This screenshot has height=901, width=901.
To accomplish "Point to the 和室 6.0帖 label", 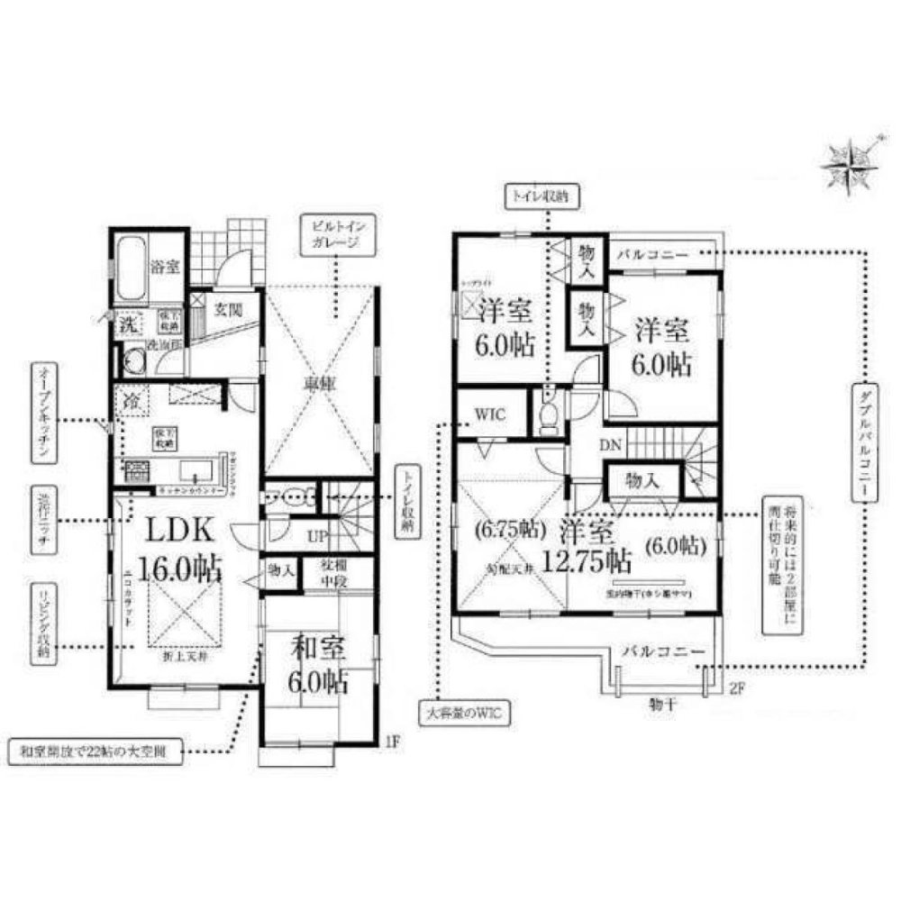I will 319,664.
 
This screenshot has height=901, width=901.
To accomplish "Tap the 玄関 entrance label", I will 227,309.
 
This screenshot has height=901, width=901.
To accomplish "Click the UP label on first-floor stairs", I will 316,535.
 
